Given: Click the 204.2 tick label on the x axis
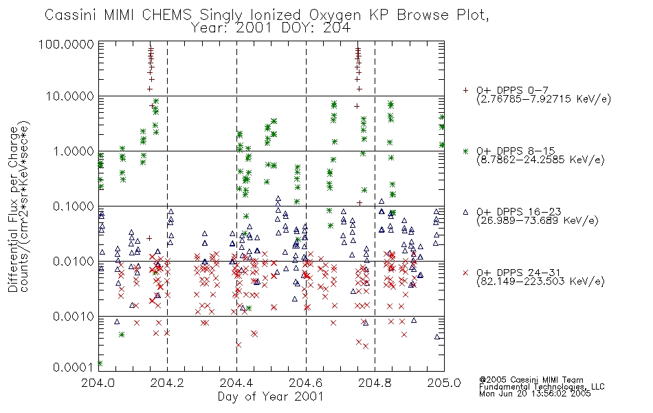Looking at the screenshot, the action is [x=167, y=383].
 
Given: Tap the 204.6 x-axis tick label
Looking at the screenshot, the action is [x=306, y=383].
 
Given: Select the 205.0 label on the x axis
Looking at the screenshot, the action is [x=444, y=383].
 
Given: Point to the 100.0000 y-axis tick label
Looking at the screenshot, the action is [x=67, y=44].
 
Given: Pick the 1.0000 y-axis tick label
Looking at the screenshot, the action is [x=74, y=151].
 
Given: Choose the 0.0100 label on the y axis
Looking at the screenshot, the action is [x=74, y=261].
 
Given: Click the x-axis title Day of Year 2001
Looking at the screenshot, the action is [x=271, y=396].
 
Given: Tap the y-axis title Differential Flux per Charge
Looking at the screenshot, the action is [x=13, y=209].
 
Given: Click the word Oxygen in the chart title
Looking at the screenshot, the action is [x=335, y=15].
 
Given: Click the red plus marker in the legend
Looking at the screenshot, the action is [x=465, y=90].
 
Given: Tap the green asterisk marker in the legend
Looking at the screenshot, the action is [x=465, y=151].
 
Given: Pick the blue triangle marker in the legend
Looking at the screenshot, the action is [x=465, y=212].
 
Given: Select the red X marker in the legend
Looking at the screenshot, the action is [x=465, y=273].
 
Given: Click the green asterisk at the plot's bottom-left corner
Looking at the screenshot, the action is [x=100, y=363].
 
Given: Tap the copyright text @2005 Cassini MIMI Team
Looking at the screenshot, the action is [x=531, y=380].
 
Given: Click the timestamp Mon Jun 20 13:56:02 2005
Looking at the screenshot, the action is [x=535, y=394].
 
